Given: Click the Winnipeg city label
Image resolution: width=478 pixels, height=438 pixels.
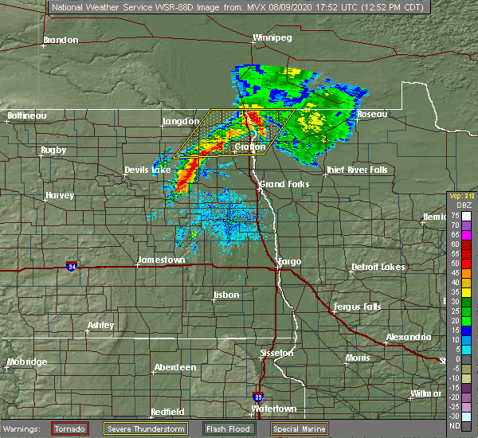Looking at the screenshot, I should coord(272,37).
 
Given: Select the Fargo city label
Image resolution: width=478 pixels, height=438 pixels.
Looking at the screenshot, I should coord(288,261).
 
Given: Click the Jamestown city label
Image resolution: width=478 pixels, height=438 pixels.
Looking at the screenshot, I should coord(162,260).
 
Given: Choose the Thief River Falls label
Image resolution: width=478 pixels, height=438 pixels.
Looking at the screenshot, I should coord(355,170).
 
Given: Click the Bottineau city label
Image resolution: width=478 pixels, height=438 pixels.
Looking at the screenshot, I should coord(27,115).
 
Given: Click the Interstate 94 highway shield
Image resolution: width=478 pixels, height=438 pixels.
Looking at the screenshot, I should coord(72,265).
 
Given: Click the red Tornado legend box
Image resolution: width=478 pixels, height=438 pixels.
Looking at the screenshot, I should coord(70,428).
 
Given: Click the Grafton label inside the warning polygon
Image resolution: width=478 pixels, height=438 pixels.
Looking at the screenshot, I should coord(250,147).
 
